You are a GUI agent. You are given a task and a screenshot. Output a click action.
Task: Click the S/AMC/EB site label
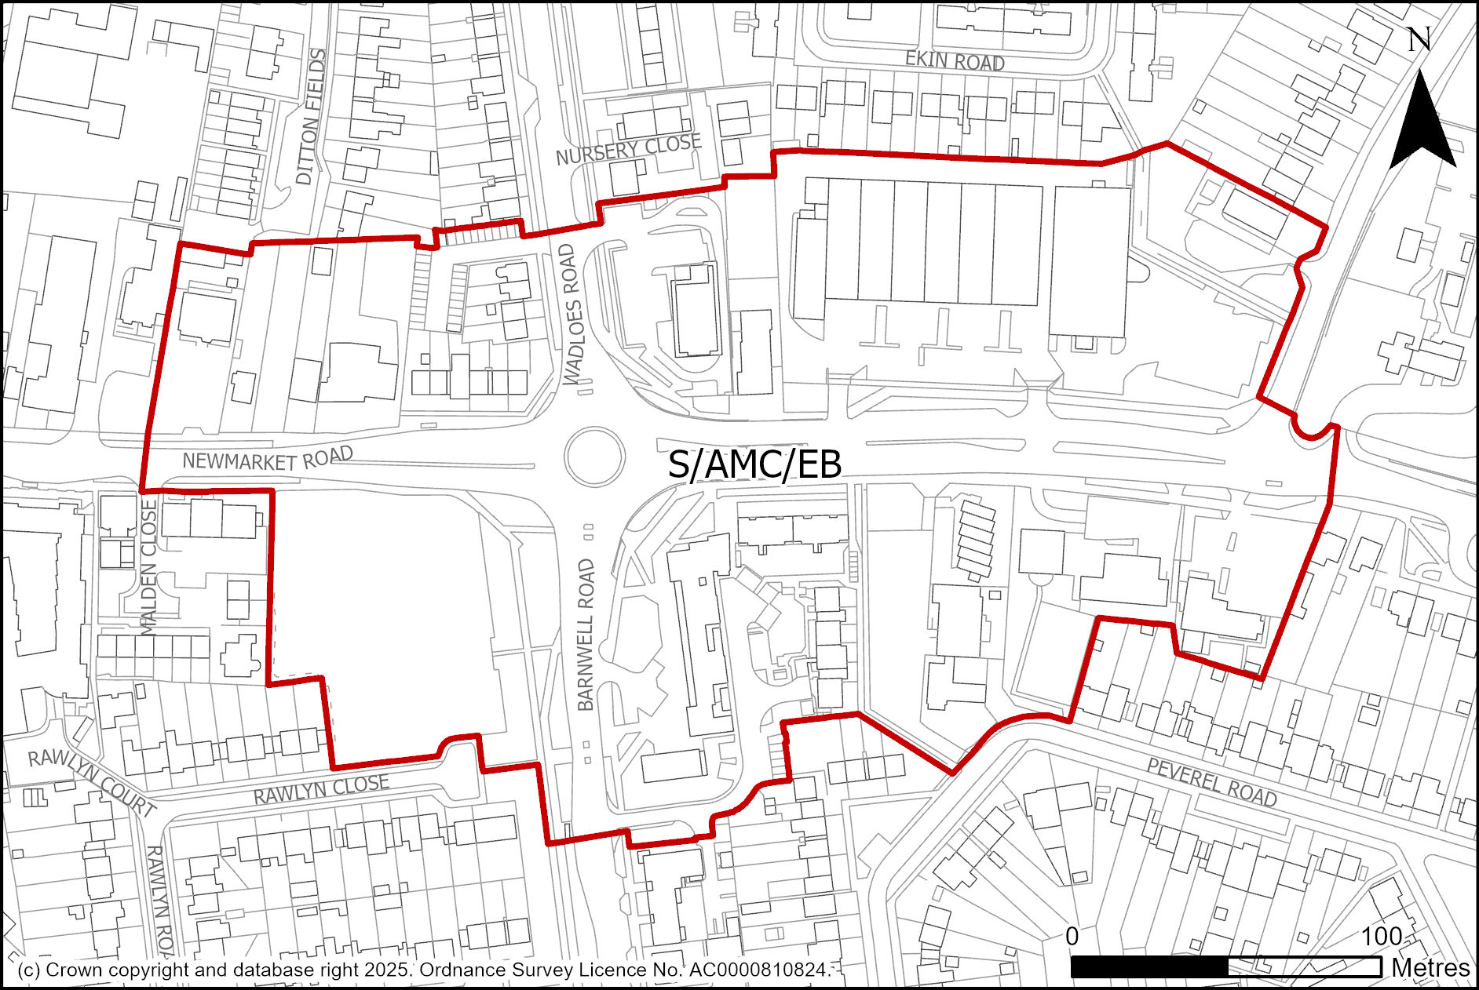pyautogui.click(x=754, y=464)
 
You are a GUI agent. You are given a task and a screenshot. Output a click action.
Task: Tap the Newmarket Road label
pyautogui.click(x=268, y=459)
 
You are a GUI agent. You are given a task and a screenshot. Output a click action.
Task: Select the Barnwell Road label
pyautogui.click(x=586, y=635)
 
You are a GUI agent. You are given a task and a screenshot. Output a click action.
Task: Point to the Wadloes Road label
pyautogui.click(x=573, y=314)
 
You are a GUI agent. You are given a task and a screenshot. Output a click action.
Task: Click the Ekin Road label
pyautogui.click(x=955, y=60)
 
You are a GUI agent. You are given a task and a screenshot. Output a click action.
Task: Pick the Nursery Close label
pyautogui.click(x=628, y=148)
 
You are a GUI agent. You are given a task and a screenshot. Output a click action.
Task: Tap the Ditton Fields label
pyautogui.click(x=312, y=117)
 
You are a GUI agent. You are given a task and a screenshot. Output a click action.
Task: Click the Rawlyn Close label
pyautogui.click(x=321, y=788)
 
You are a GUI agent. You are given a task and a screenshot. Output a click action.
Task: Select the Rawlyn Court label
pyautogui.click(x=92, y=781)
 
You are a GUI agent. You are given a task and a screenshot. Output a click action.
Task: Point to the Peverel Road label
pyautogui.click(x=1212, y=782)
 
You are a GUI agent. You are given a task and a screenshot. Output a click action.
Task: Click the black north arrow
pyautogui.click(x=1422, y=126)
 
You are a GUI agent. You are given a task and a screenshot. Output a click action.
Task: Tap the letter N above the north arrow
pyautogui.click(x=1419, y=39)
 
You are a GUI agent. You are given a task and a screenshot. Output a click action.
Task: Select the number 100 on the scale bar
pyautogui.click(x=1381, y=936)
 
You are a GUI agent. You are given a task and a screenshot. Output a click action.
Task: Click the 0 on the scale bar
pyautogui.click(x=1072, y=936)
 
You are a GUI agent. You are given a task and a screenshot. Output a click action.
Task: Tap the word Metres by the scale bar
pyautogui.click(x=1430, y=968)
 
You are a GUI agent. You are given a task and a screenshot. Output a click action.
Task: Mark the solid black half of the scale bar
pyautogui.click(x=1149, y=967)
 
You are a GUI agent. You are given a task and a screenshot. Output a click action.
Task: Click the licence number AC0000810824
pyautogui.click(x=758, y=970)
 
